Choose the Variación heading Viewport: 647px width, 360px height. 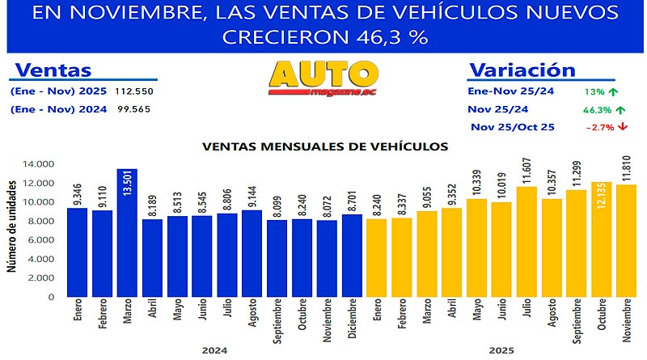click(522, 70)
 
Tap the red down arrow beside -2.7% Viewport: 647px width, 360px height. click(624, 126)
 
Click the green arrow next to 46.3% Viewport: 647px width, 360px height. click(621, 109)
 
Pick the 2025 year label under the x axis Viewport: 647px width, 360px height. click(501, 350)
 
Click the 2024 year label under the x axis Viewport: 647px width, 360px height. click(215, 350)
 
